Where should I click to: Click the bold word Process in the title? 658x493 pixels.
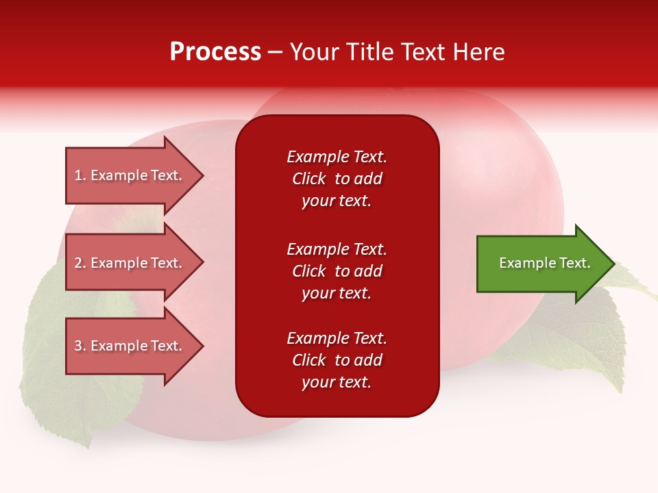click(215, 52)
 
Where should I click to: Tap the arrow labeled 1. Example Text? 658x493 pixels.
click(130, 175)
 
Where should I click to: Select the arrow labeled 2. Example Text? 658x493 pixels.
click(130, 263)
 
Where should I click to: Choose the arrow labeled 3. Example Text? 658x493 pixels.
click(130, 346)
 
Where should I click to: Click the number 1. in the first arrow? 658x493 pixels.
click(80, 175)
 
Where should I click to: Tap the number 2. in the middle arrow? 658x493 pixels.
click(80, 263)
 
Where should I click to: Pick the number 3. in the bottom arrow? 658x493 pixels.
click(80, 346)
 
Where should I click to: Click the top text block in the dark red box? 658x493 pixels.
click(337, 178)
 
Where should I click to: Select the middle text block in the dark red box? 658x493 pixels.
click(337, 270)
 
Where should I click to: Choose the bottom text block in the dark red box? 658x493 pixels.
click(337, 359)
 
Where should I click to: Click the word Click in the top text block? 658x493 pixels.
click(309, 179)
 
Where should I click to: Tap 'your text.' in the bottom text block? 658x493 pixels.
click(337, 382)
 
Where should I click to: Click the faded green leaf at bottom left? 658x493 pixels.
click(62, 383)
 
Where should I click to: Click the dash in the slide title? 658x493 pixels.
click(276, 52)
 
